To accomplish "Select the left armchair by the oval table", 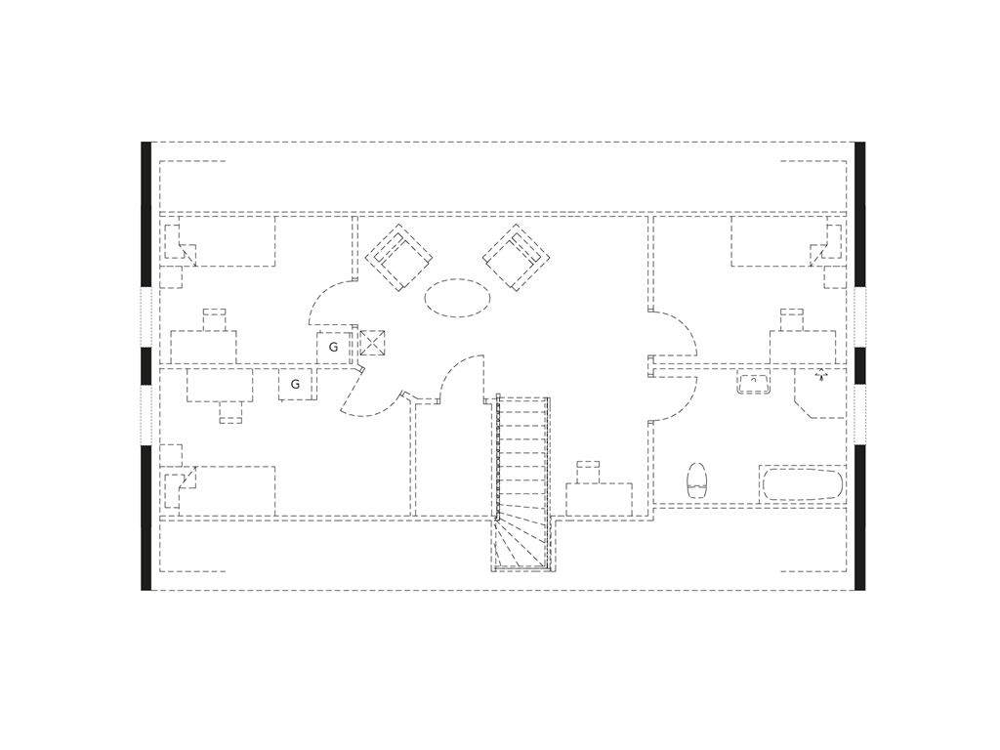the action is (x=398, y=257).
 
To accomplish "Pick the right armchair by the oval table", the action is (x=517, y=257).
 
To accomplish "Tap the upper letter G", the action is (x=333, y=348).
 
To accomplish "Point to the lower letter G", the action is (x=295, y=385).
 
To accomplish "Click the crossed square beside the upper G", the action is (x=372, y=343).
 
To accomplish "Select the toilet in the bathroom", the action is (x=697, y=480).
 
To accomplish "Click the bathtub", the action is (x=802, y=484).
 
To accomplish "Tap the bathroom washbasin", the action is (x=754, y=383).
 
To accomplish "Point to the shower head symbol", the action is (x=821, y=375).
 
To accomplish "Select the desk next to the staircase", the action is (x=600, y=499).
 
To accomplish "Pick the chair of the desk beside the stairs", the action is (x=587, y=472).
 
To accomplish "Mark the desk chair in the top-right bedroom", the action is (x=791, y=319).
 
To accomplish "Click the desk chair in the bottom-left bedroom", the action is (x=230, y=412).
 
